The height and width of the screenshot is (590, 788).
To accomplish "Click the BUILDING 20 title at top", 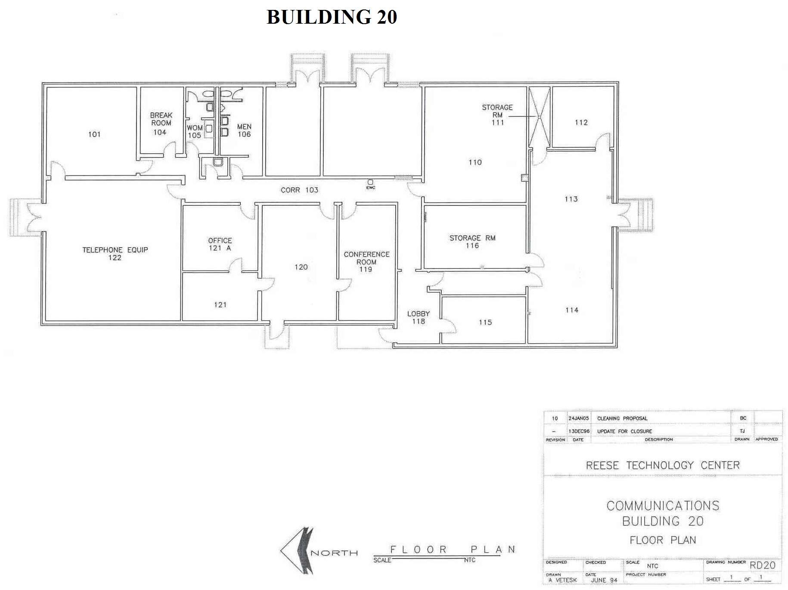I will click(x=332, y=17).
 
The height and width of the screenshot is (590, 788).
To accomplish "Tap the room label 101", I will click(x=94, y=134).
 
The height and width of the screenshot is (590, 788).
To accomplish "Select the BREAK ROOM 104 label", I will click(x=161, y=124).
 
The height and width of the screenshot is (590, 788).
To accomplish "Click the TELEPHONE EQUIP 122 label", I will click(x=115, y=254).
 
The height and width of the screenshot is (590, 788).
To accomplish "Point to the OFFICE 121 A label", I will click(x=220, y=244).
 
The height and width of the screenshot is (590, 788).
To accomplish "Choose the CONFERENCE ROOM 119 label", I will click(x=366, y=261).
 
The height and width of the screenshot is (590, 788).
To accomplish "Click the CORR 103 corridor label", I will click(x=299, y=190).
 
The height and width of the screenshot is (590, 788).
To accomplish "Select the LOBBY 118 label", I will click(x=418, y=317).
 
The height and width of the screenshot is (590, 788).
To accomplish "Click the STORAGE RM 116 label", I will click(x=472, y=242).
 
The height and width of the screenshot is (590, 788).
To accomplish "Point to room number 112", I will click(x=581, y=122).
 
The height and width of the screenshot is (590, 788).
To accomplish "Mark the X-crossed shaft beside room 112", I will click(x=539, y=117).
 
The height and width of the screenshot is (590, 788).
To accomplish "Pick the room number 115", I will click(x=485, y=322).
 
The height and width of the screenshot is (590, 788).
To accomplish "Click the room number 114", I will click(x=571, y=310).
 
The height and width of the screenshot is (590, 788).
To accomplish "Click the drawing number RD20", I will click(x=762, y=565).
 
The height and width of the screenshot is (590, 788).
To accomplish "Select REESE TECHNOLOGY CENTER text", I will click(x=663, y=466).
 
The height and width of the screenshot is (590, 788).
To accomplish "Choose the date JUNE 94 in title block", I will click(x=604, y=580).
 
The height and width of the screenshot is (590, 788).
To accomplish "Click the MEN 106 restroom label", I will click(x=244, y=130).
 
